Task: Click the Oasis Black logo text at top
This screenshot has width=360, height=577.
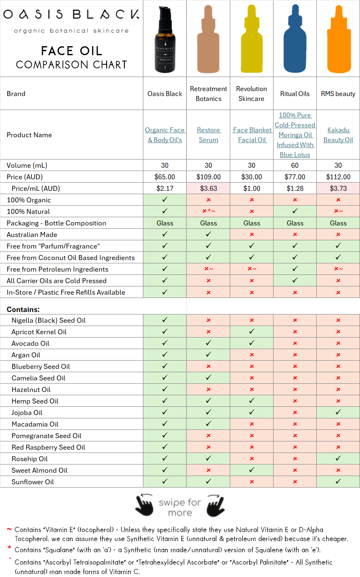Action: [71, 15]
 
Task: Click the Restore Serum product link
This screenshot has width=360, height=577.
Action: [208, 135]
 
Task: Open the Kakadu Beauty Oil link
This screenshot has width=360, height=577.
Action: [338, 135]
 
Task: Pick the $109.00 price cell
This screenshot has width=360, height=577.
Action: [208, 177]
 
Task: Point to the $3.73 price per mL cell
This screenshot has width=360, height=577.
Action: [338, 188]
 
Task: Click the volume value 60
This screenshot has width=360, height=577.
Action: [295, 165]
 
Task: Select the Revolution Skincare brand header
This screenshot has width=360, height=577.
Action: [252, 94]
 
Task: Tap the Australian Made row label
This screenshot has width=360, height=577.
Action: [32, 235]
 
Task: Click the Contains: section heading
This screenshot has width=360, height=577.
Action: [23, 309]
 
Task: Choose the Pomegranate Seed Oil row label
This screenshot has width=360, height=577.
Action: [47, 436]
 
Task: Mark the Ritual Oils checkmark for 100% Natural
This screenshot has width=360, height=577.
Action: [295, 211]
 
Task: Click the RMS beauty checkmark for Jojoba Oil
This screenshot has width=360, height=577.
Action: [338, 412]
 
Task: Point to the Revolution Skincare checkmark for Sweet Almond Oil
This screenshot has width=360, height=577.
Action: [252, 470]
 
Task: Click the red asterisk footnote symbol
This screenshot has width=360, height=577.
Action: [9, 548]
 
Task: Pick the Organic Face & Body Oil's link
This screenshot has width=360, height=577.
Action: [165, 135]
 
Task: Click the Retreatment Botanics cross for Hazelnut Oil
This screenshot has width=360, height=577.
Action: [208, 389]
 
